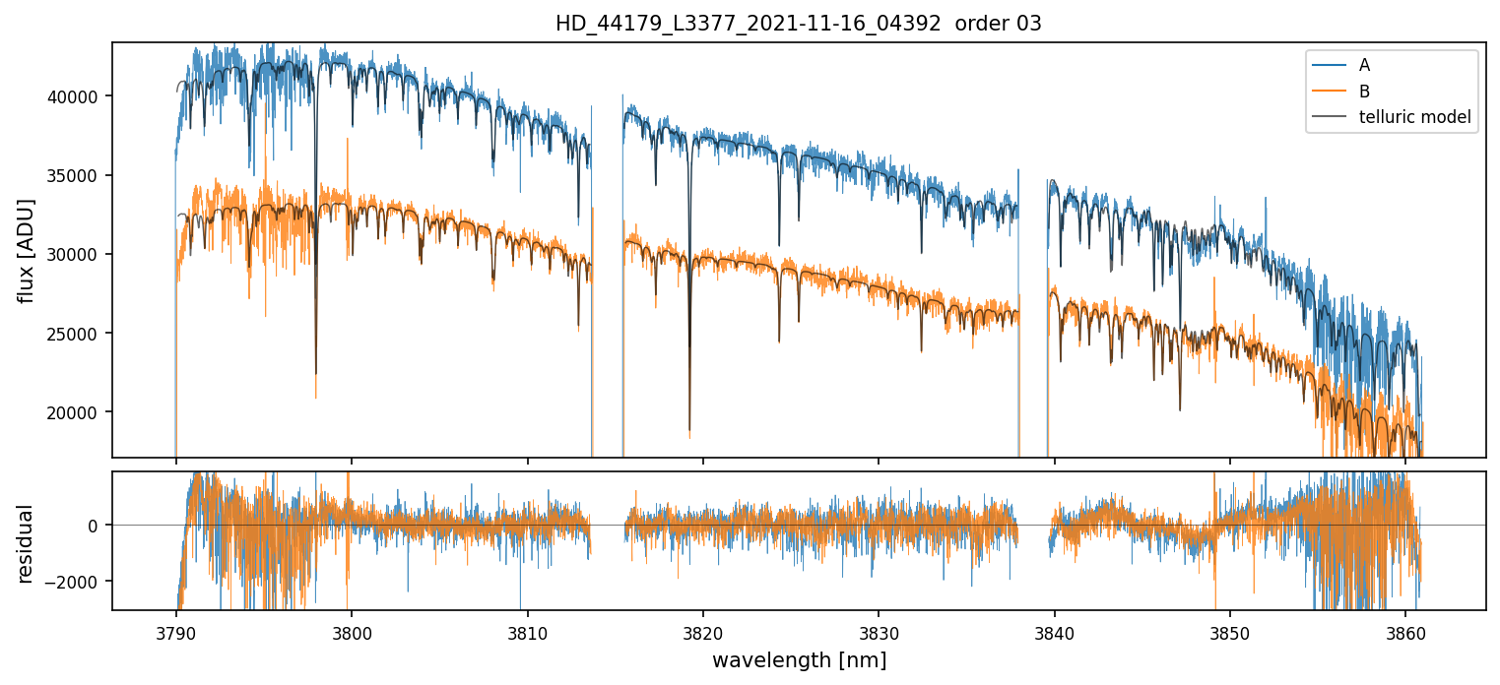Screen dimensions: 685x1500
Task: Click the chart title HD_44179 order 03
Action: (799, 24)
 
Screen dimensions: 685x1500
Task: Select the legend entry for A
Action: (1364, 65)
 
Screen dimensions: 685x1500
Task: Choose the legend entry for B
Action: (1364, 92)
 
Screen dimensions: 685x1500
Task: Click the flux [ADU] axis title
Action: (27, 250)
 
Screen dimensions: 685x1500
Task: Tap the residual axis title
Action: (27, 543)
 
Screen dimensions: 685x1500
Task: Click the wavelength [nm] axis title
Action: (799, 659)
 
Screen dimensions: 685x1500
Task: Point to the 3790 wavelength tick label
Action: (175, 630)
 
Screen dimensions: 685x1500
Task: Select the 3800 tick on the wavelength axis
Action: (352, 630)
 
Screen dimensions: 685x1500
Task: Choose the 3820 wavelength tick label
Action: (703, 630)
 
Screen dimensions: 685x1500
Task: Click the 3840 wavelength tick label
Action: (1055, 630)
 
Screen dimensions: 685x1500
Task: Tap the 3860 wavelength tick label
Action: (1405, 630)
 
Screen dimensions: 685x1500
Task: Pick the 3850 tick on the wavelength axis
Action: (1230, 630)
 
